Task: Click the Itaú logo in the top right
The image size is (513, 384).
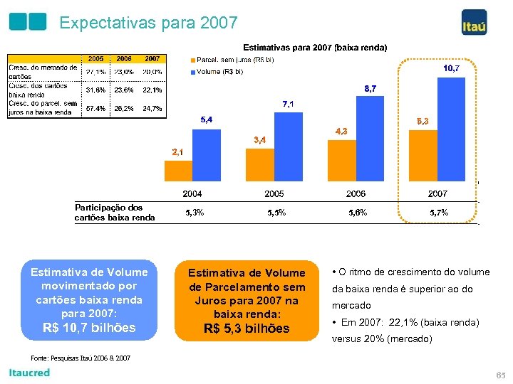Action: point(474,22)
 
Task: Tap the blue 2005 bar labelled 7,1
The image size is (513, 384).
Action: point(288,146)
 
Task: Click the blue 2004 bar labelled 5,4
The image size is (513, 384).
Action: point(206,154)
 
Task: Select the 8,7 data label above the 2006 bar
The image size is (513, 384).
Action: point(370,89)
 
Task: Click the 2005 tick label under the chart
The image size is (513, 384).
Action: point(274,193)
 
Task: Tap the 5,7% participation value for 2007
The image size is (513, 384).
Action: point(439,213)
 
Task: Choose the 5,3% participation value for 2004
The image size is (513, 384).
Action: point(195,213)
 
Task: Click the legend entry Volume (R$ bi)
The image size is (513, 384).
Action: point(219,71)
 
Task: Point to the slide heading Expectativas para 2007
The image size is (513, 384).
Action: point(148,23)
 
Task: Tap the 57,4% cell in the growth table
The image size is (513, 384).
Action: point(95,109)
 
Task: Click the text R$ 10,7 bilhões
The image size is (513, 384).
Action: point(89,328)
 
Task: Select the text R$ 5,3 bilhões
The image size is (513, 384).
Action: point(247,329)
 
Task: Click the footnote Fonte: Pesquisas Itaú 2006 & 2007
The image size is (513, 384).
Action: point(81,358)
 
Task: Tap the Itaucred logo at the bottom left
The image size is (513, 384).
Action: point(29,373)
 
